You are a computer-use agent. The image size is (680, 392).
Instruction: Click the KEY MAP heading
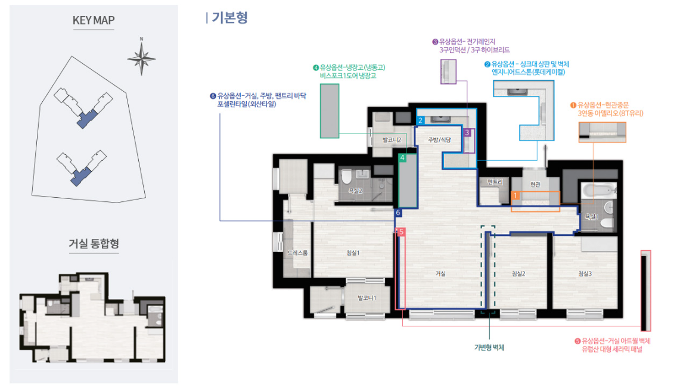tap(94, 20)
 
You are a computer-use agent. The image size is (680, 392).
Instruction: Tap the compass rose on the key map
tap(141, 58)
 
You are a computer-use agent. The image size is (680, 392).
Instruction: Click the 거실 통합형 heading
tap(94, 243)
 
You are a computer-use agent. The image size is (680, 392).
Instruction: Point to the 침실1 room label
tap(353, 253)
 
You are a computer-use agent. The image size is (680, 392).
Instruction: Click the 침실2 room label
tap(518, 273)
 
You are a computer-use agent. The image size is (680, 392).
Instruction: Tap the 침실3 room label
tap(585, 273)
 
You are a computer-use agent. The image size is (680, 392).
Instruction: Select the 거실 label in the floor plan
tap(440, 273)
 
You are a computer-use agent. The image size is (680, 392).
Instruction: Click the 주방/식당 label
tap(439, 139)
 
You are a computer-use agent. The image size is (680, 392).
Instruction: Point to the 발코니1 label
tap(367, 298)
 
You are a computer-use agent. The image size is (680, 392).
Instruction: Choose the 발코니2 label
tap(391, 139)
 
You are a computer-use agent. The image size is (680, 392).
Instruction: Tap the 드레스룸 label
tap(297, 253)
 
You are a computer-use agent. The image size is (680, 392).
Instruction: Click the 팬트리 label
tap(495, 182)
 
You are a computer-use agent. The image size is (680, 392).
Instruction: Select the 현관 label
tap(535, 185)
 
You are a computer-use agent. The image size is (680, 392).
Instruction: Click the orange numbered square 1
tap(515, 195)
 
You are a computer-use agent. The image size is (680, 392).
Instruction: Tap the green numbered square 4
tap(402, 158)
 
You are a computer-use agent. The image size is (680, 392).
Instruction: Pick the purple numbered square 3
tap(467, 133)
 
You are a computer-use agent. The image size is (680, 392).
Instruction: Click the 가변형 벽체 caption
tap(489, 348)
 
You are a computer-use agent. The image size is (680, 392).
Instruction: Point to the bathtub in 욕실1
tap(598, 190)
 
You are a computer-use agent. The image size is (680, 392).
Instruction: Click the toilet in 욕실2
tap(346, 177)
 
